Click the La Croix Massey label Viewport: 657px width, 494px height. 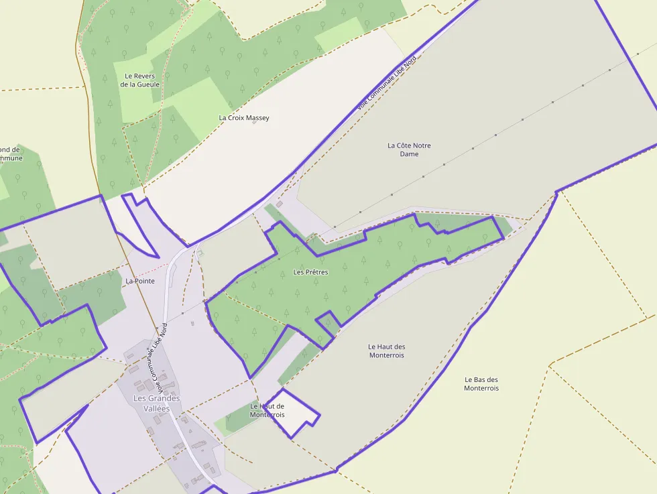point(244,118)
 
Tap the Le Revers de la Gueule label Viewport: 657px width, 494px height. point(140,80)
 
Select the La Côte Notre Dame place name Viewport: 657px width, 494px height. point(409,149)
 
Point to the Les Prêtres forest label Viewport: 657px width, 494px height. point(310,272)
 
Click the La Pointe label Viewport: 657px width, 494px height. point(139,281)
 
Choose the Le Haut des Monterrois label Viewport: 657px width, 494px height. point(387,351)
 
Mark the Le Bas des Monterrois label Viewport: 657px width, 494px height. point(481,383)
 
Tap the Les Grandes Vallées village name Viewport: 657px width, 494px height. point(156,403)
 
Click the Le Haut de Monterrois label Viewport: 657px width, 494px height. point(267,410)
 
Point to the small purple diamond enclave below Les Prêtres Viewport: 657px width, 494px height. point(327,322)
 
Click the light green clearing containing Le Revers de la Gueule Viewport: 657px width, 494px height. point(137,90)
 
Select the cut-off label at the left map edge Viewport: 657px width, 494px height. point(11,153)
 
